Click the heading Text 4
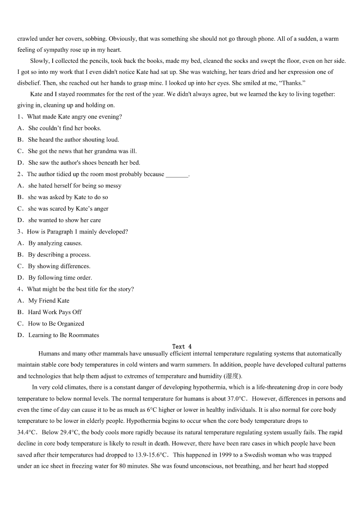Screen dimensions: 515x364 click(182, 346)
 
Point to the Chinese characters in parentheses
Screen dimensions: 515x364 click(232, 376)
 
